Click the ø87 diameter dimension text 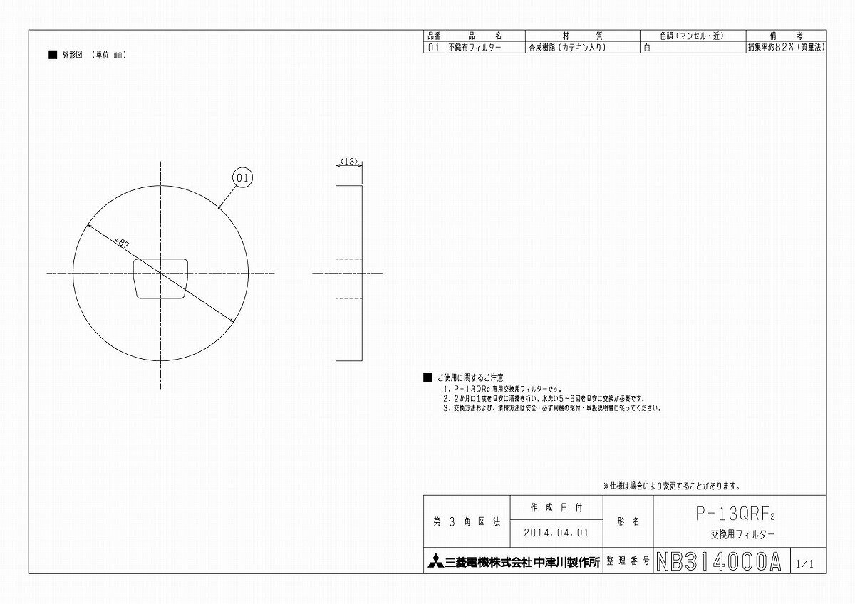(121, 242)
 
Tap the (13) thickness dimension (349, 162)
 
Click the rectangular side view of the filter (349, 273)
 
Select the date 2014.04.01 (556, 532)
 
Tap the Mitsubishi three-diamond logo (435, 561)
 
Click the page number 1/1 (805, 563)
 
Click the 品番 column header (434, 36)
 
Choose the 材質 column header (582, 36)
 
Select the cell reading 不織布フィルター (474, 48)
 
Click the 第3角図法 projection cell (467, 522)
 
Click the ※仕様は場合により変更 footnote (672, 486)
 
